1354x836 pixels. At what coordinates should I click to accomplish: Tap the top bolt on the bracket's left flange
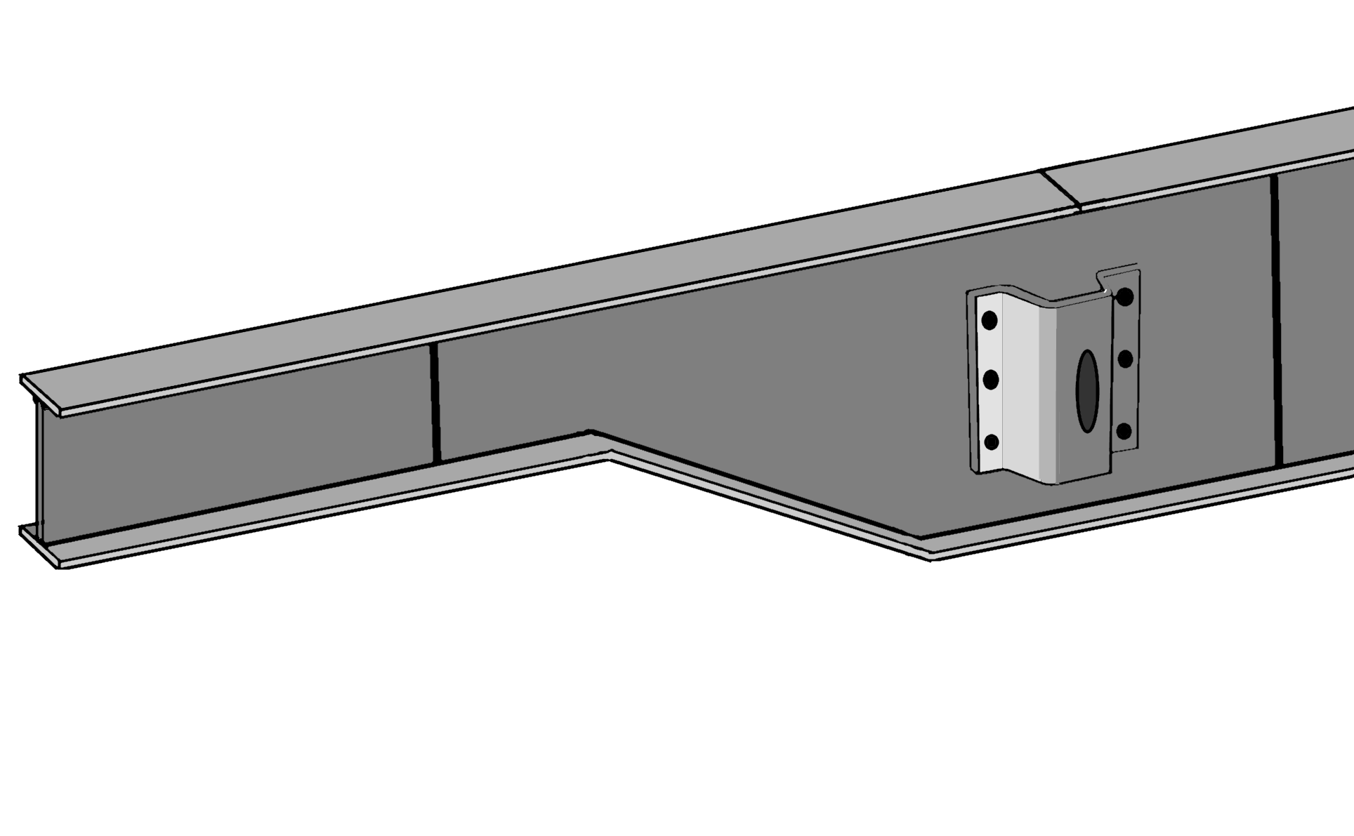click(x=990, y=321)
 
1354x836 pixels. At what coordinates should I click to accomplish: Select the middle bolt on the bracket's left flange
click(x=991, y=380)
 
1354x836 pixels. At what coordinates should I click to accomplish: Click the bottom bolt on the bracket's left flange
click(x=992, y=442)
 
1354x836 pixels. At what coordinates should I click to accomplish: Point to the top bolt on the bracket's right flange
click(x=1124, y=297)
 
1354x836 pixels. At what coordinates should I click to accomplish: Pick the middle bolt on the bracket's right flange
click(x=1125, y=359)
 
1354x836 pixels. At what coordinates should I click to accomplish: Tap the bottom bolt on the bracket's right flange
click(x=1124, y=430)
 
